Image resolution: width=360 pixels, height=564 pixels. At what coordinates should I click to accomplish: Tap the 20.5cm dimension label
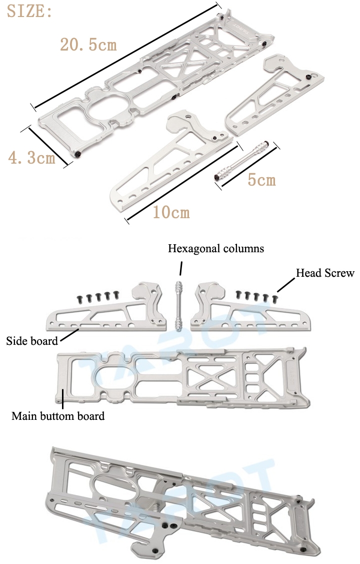88,45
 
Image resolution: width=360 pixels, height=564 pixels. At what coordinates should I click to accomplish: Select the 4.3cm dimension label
31,158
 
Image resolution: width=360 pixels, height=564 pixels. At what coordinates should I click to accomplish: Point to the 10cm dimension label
171,212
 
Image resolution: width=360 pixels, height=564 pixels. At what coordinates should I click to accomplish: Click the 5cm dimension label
261,179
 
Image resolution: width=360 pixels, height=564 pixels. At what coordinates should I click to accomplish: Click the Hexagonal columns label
216,248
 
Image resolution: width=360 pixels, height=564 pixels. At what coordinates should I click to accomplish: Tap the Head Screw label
325,273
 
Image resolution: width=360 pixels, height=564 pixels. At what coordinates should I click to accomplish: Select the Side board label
31,342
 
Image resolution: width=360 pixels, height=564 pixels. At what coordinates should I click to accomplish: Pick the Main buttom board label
58,416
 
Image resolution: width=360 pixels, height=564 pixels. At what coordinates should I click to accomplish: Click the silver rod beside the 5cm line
244,161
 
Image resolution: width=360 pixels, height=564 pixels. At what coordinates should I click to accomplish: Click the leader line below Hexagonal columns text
181,268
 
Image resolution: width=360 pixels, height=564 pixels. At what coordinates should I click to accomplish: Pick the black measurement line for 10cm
181,182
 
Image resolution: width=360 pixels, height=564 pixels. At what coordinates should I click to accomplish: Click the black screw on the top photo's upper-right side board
308,76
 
